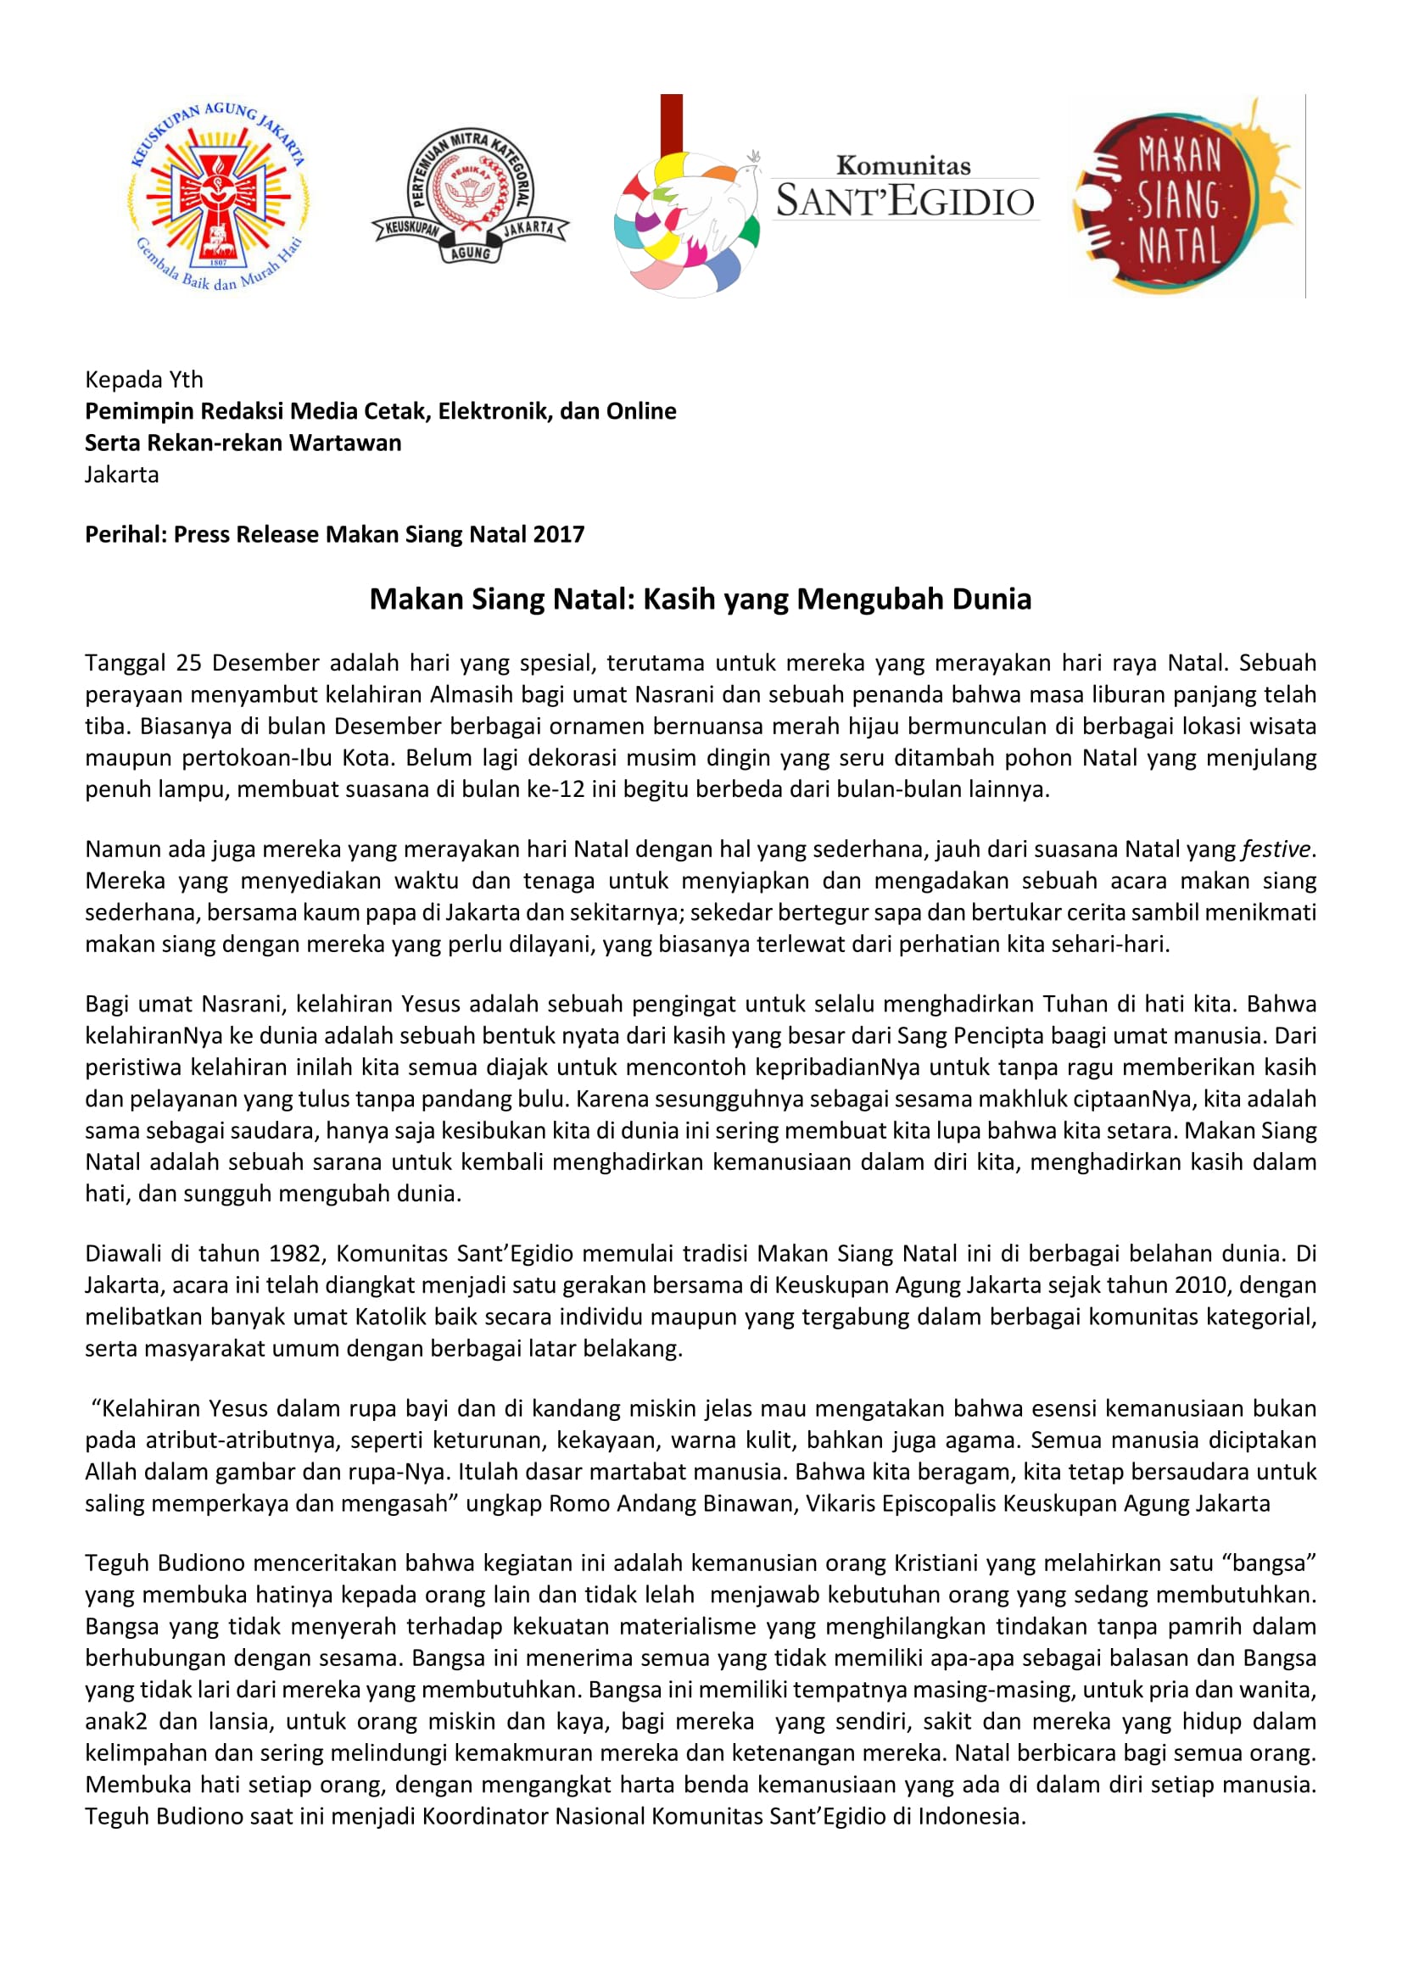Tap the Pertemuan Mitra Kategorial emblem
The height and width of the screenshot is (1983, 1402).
470,195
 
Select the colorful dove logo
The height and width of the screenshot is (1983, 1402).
687,220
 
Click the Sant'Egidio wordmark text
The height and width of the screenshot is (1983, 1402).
904,191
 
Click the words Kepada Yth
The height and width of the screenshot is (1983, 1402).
143,379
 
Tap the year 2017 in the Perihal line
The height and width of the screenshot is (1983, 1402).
558,534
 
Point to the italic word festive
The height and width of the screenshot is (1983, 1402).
1276,849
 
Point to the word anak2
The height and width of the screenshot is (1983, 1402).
116,1721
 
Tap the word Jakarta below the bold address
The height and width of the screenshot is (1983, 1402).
122,474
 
